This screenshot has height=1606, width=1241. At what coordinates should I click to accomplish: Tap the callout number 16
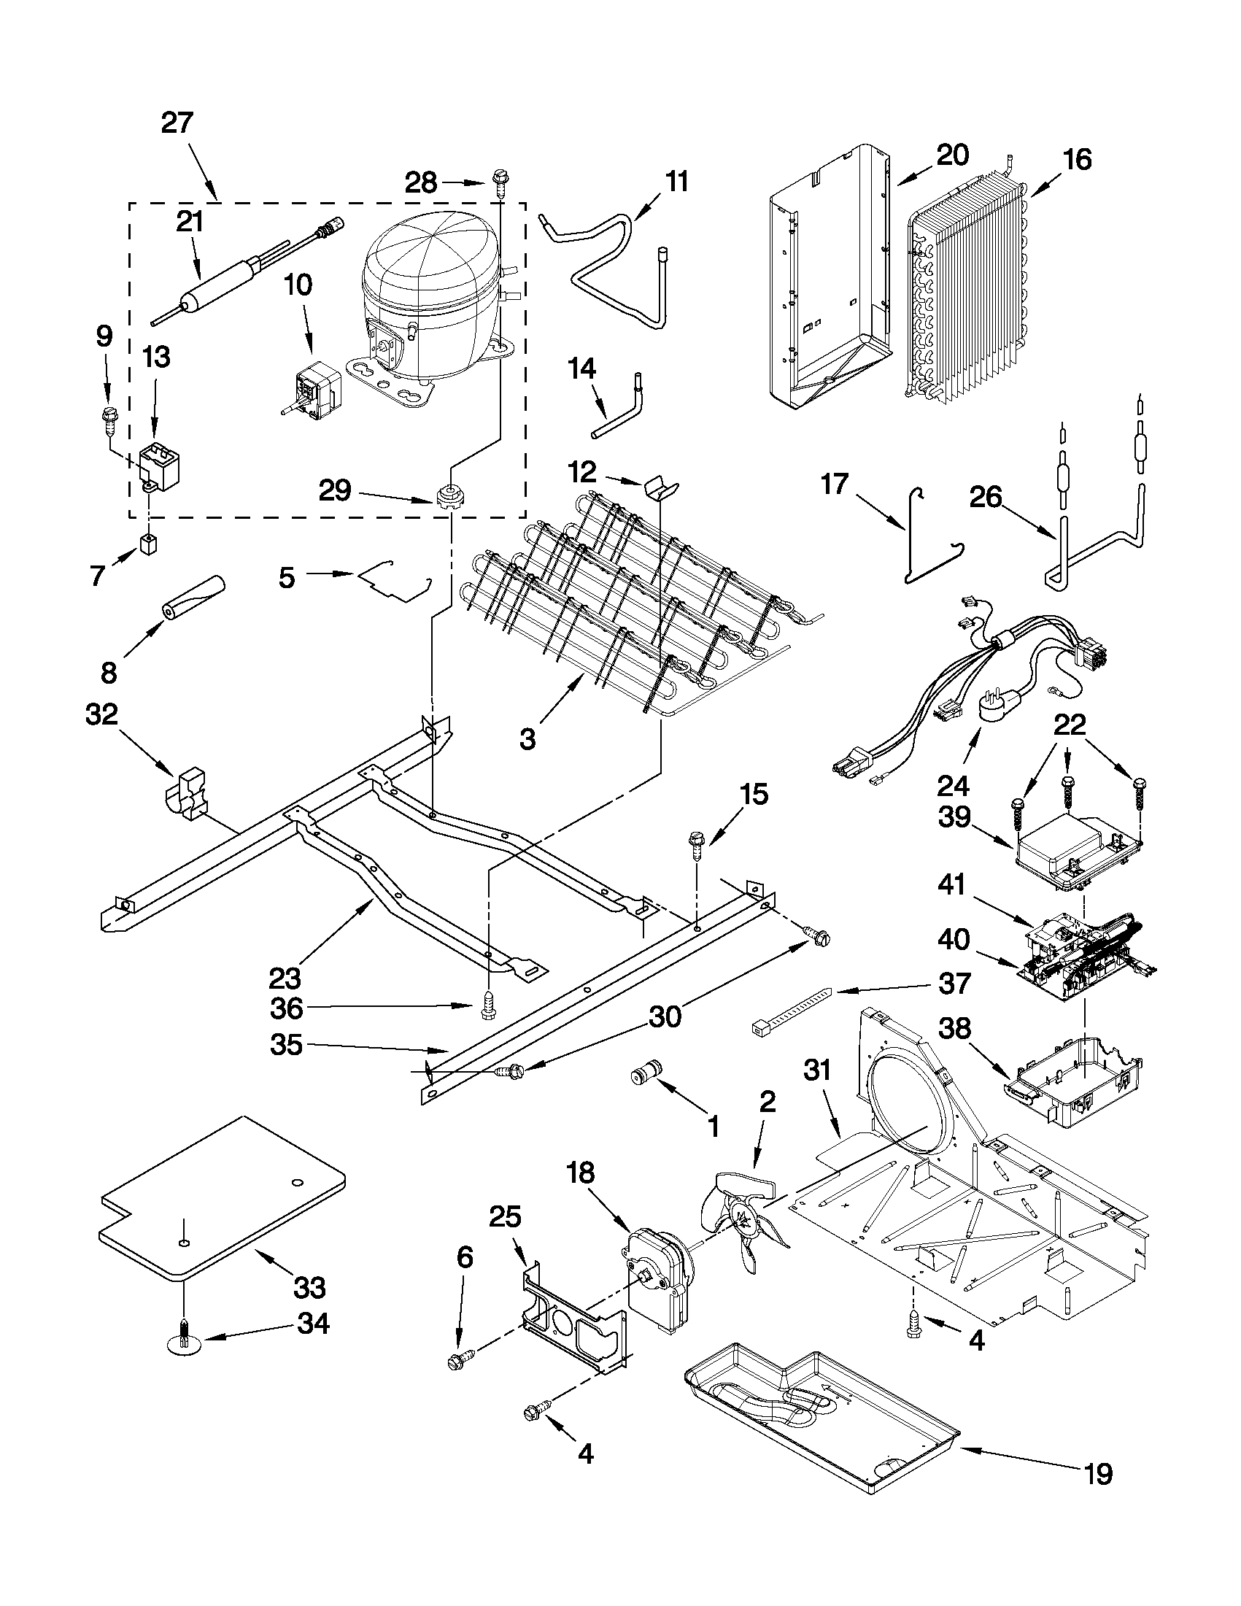pos(1078,160)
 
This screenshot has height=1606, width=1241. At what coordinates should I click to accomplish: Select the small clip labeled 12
pos(661,487)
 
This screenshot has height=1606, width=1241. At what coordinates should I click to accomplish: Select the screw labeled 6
pos(458,1361)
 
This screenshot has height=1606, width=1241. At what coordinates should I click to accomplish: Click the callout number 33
pos(309,1288)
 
